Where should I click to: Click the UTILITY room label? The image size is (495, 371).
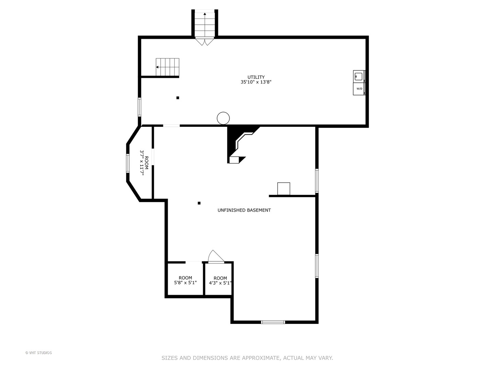point(256,77)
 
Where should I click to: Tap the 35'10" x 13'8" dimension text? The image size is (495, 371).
point(256,82)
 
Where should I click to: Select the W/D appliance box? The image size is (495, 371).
point(359,89)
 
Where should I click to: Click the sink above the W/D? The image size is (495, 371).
point(359,76)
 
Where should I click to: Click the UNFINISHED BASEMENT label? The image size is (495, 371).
point(244,210)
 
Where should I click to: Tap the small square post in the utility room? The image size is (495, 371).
point(178,98)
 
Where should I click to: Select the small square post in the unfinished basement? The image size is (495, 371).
point(199,203)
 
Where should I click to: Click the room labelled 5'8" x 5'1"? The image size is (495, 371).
point(185,280)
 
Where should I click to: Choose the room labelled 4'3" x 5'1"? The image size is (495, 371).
point(218,280)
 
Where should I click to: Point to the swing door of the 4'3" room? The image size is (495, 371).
point(216,257)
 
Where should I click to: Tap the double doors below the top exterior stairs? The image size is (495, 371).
point(205,42)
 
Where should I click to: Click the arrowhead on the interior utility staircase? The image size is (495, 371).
point(157,67)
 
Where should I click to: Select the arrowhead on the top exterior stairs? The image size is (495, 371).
point(205,14)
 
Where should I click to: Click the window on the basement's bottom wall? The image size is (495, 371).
point(273,322)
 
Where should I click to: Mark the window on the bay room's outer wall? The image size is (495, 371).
point(128,163)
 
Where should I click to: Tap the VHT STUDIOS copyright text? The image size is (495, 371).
point(38,353)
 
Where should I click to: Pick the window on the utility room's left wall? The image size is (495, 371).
point(140,107)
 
